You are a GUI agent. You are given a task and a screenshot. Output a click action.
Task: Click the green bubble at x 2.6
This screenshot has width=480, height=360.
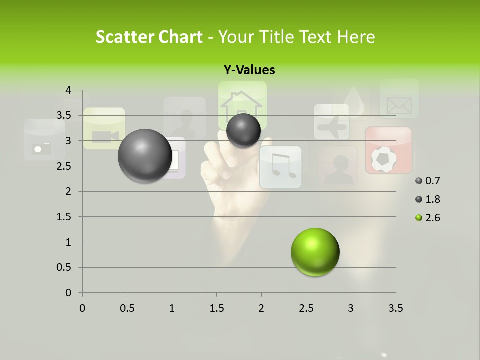315,252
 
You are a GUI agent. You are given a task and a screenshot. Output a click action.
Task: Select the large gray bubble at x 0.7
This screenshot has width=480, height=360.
145,156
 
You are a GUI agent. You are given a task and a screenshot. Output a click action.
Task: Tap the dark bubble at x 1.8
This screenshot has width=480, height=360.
243,130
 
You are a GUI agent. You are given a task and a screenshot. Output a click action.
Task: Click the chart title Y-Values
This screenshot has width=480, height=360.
249,70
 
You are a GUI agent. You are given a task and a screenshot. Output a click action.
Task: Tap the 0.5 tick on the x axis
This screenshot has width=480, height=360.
127,308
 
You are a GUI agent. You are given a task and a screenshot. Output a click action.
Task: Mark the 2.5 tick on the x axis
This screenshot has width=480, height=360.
306,308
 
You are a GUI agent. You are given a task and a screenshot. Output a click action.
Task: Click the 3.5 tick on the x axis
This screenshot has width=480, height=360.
395,308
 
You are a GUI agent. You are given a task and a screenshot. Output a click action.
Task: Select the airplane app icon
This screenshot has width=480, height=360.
332,122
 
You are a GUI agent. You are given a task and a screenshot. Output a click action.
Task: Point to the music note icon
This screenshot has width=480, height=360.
280,167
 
